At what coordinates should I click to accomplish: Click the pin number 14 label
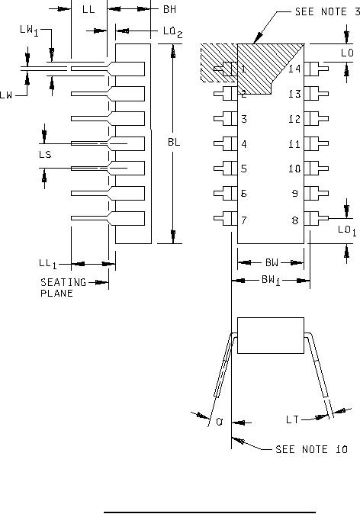point(294,69)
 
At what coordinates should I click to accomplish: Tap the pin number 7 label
point(244,220)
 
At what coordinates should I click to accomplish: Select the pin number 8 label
point(295,220)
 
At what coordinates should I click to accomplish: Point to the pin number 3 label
point(244,119)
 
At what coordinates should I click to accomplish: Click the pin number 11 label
point(294,144)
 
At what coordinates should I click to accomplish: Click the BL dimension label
point(174,142)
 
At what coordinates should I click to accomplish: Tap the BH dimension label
point(169,9)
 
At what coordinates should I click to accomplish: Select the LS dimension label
point(45,154)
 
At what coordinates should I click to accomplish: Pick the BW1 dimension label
point(272,281)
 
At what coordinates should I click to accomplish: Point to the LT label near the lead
point(292,420)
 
